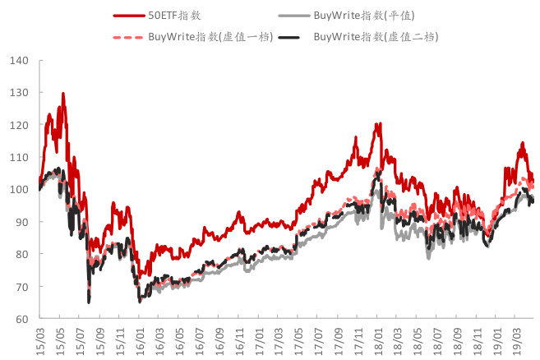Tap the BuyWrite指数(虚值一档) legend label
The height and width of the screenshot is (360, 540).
[201, 37]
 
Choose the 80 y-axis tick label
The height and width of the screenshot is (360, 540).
[22, 254]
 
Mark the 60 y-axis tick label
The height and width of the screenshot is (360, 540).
[22, 319]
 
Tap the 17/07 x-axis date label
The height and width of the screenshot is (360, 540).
[317, 338]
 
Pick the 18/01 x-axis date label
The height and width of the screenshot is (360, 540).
[377, 338]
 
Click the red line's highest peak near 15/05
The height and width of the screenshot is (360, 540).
[62, 94]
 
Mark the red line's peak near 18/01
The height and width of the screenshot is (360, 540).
[379, 124]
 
